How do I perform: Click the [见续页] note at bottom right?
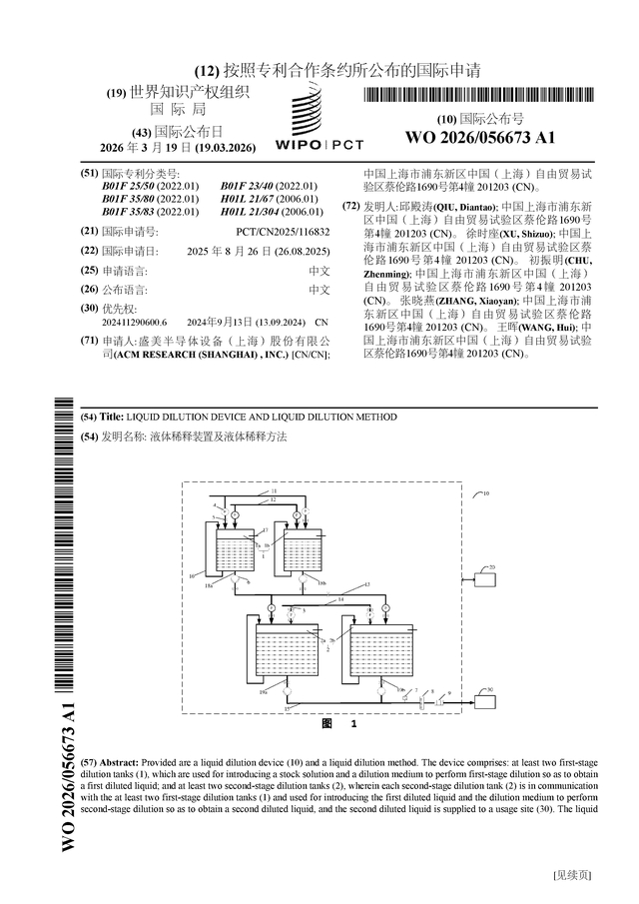571,876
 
